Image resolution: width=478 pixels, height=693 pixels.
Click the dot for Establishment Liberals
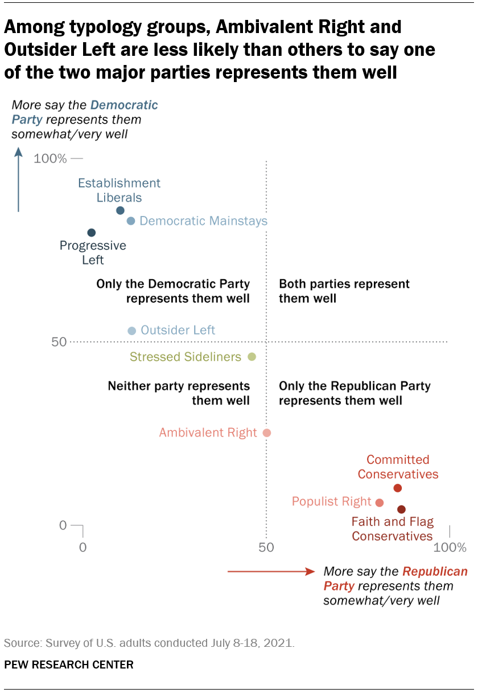point(120,210)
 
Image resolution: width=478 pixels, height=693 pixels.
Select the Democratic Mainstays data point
point(131,221)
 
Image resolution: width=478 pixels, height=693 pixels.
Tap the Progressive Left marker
point(92,233)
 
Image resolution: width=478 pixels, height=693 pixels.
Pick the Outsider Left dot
point(132,331)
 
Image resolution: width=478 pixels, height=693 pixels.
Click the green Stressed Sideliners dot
point(252,357)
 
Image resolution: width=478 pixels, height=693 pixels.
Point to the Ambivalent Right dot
point(266,433)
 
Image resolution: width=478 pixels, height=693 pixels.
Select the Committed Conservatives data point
point(398,488)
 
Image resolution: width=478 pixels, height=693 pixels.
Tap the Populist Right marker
point(380,502)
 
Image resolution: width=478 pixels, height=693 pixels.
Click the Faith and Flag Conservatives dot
point(401,509)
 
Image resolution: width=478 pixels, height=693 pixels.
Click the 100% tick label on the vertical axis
point(50,158)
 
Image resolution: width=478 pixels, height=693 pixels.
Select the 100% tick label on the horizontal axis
point(450,548)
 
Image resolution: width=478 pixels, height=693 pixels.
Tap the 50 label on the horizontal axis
point(266,548)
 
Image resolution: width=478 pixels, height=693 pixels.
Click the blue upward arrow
point(19,180)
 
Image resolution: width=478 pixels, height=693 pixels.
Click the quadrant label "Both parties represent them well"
point(344,291)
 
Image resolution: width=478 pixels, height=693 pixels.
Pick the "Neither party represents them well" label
point(179,393)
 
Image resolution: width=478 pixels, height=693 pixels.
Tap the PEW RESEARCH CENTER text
point(69,665)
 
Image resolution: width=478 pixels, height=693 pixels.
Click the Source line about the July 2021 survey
point(149,643)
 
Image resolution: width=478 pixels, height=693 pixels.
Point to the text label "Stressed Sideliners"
point(186,357)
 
